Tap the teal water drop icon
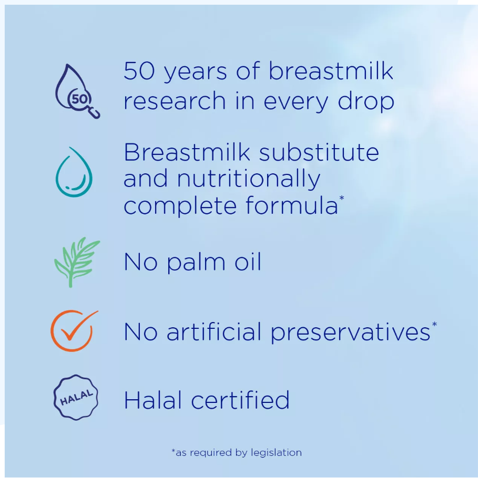click(x=74, y=172)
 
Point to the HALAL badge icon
click(x=76, y=398)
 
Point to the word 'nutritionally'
click(x=248, y=179)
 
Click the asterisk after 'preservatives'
click(x=434, y=324)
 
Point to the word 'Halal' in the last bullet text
click(x=154, y=400)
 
